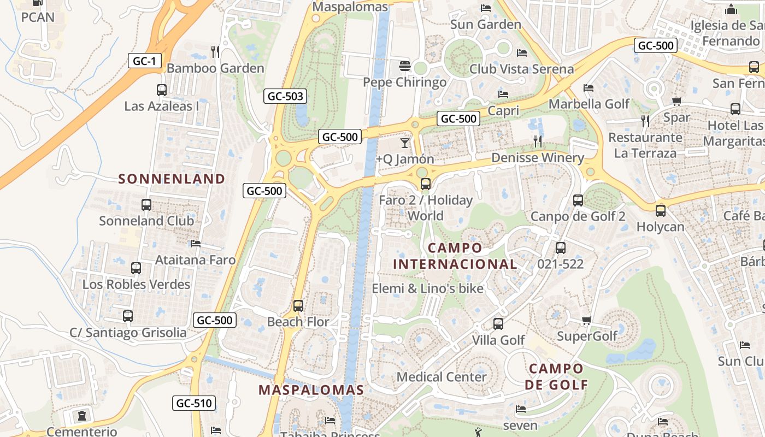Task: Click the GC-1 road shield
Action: [x=145, y=61]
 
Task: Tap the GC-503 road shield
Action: [x=285, y=97]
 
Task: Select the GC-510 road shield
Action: [x=194, y=404]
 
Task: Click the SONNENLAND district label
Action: [x=172, y=179]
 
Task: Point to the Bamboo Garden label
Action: [x=215, y=68]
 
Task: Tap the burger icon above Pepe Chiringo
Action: [x=405, y=66]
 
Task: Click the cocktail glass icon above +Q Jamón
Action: [x=404, y=143]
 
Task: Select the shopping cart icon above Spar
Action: [x=676, y=101]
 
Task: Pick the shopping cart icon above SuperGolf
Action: [x=586, y=321]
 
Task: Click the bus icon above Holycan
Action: [x=661, y=210]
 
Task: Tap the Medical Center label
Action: [x=442, y=377]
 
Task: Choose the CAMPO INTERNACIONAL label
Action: [x=455, y=256]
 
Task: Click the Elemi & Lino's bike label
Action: [x=428, y=288]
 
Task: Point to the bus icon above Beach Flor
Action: [x=298, y=306]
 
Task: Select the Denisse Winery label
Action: [x=538, y=158]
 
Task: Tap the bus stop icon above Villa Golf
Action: [x=498, y=324]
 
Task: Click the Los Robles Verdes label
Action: [x=136, y=285]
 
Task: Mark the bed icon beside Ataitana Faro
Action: [x=196, y=244]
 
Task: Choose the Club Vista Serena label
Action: [x=522, y=69]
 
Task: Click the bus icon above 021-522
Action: [x=561, y=248]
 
